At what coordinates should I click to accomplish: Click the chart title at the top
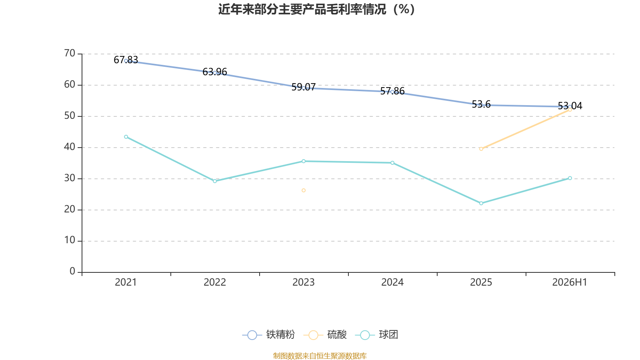click(x=316, y=10)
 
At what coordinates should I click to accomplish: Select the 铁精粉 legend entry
click(x=268, y=334)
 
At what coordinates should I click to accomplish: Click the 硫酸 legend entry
click(x=325, y=334)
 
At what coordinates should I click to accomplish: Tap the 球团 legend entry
click(x=376, y=334)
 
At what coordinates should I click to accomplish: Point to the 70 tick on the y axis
click(x=70, y=54)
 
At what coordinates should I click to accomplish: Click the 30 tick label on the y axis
click(x=70, y=178)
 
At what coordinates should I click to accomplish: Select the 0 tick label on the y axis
click(x=72, y=271)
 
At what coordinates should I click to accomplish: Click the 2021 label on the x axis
click(x=126, y=282)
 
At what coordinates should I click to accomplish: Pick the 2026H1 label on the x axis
click(x=570, y=282)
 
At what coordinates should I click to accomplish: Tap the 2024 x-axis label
click(x=392, y=282)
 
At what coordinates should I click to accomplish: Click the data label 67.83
click(x=126, y=60)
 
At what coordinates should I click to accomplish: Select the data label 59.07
click(x=304, y=87)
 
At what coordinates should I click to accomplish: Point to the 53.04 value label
click(x=570, y=106)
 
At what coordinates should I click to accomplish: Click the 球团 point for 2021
click(x=126, y=137)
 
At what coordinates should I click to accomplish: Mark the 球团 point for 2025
click(x=481, y=203)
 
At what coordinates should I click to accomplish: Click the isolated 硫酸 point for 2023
click(x=304, y=190)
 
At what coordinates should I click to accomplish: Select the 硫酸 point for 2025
click(x=481, y=149)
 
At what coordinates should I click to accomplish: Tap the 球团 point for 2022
click(x=215, y=181)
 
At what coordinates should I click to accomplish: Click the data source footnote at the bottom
click(x=320, y=356)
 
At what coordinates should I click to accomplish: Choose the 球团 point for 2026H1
click(x=570, y=178)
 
